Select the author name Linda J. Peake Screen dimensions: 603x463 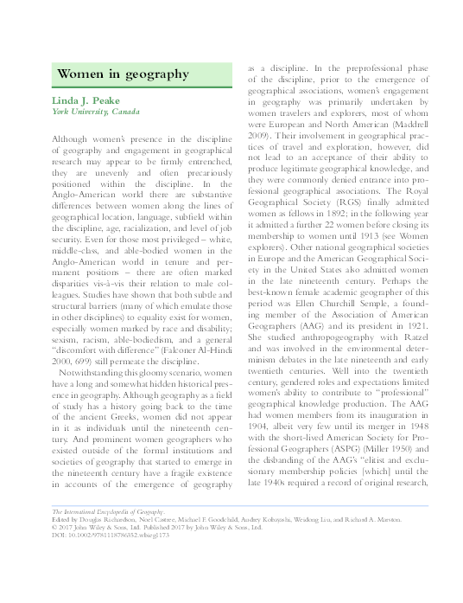point(92,101)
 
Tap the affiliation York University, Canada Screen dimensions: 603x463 point(96,113)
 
